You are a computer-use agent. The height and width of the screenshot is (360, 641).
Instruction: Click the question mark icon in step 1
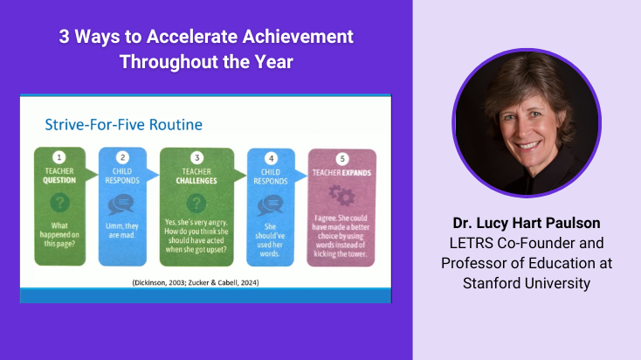pos(60,201)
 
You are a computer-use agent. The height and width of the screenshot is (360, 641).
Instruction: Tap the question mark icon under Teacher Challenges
pos(196,201)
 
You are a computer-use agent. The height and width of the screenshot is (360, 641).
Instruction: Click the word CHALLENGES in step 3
pos(197,180)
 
